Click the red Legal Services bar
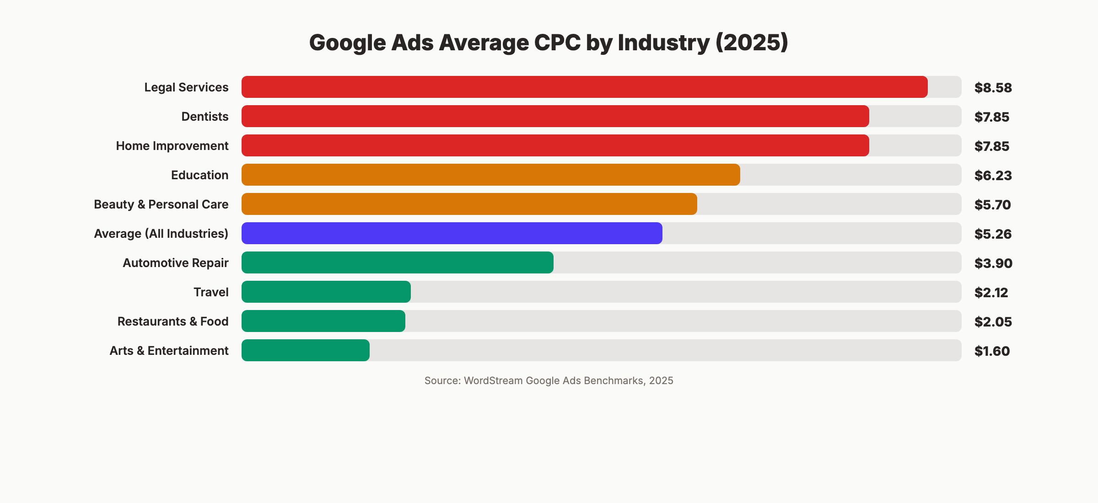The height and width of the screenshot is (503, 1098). click(x=584, y=87)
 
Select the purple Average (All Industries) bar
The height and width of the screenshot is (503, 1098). click(x=452, y=233)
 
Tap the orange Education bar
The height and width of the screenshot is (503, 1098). click(x=490, y=175)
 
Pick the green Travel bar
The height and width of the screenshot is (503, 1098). click(x=326, y=292)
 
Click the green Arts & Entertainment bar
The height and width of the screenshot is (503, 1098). click(x=305, y=350)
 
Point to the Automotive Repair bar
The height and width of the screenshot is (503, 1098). click(x=397, y=262)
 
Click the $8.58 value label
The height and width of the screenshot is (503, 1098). click(x=993, y=87)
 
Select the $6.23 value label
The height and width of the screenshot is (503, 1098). click(x=993, y=175)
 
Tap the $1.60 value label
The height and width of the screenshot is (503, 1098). click(x=992, y=351)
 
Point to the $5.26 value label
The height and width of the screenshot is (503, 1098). click(x=993, y=234)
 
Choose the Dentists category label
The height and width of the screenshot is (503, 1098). click(x=205, y=117)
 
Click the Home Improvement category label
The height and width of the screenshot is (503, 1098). click(x=172, y=146)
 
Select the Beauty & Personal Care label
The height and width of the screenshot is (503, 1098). click(x=161, y=204)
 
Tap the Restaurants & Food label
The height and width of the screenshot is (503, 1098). click(x=173, y=321)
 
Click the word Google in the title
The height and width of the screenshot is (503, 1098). click(x=348, y=43)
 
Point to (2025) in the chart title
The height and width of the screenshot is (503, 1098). click(x=752, y=43)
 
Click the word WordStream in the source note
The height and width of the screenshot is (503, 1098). click(x=493, y=380)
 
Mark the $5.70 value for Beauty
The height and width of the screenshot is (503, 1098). click(x=992, y=204)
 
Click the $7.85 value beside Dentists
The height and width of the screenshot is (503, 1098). click(x=991, y=117)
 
